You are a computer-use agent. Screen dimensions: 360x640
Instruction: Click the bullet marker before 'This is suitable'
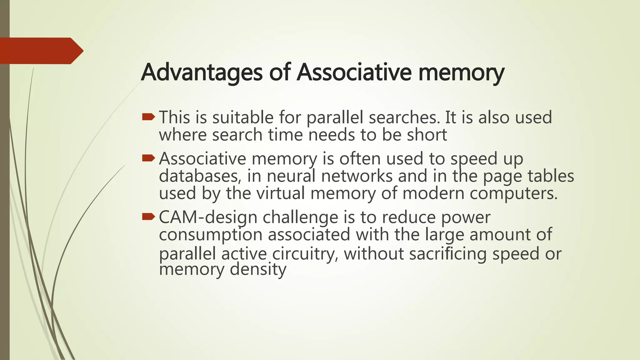coord(148,117)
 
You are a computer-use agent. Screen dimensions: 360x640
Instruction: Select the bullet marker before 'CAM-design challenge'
coord(148,217)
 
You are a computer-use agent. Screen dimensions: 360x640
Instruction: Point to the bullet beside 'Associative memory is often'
coord(148,158)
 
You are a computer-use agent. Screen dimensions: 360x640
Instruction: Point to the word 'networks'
coord(357,176)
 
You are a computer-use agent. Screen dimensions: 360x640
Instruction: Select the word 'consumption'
coord(210,235)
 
